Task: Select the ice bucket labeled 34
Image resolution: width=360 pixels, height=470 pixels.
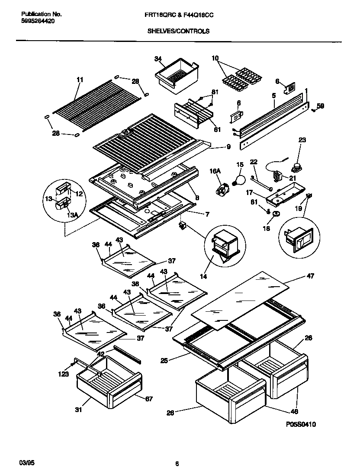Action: tap(177, 74)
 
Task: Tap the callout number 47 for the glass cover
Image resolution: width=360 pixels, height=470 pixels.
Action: tap(310, 276)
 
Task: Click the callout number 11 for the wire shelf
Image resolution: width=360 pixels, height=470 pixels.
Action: tap(79, 80)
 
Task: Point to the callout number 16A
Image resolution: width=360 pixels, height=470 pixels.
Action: tap(215, 172)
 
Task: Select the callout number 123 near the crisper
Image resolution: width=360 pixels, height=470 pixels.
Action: tap(64, 374)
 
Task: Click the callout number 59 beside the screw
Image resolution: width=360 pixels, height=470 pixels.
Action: tap(320, 106)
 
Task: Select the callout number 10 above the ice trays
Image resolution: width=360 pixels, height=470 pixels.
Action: tap(215, 58)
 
